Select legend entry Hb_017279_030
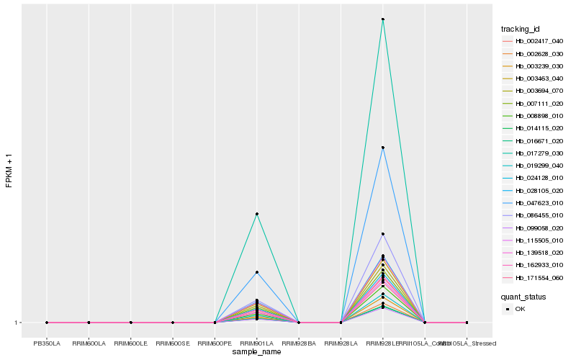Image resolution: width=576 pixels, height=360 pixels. [534, 153]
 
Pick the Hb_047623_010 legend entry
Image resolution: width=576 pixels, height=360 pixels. [534, 203]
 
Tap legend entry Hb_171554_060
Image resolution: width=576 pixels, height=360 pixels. [534, 278]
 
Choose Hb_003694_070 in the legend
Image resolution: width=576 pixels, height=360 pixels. [534, 91]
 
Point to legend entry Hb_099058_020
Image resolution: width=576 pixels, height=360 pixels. [534, 228]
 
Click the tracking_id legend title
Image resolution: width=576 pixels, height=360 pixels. [521, 29]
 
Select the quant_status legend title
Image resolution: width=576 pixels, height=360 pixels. [523, 297]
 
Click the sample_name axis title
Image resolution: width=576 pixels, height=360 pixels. [256, 352]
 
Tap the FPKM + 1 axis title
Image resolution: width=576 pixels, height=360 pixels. [9, 170]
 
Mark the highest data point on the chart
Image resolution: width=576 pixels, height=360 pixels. [383, 19]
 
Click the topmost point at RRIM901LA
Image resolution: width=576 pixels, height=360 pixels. [256, 214]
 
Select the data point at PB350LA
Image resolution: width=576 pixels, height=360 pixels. [47, 323]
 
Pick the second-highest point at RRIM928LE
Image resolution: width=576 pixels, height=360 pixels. [383, 148]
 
